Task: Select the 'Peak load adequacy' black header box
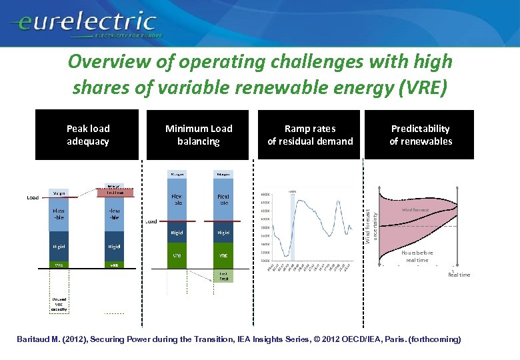[87, 135]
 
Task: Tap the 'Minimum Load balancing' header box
[199, 135]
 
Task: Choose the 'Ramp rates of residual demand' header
[310, 135]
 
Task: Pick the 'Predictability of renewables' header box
[420, 135]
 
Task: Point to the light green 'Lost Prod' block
[223, 276]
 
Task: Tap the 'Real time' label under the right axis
[459, 275]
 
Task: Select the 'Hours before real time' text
[417, 257]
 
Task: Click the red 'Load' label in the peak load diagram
[32, 197]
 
